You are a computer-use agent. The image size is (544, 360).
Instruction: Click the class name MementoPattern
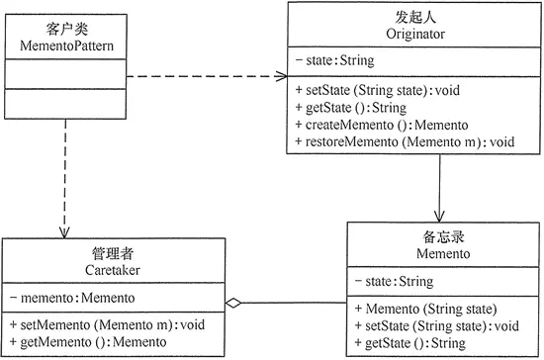pos(66,45)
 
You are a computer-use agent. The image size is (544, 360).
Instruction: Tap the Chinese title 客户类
pos(66,29)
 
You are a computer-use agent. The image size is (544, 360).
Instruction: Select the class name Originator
pos(415,34)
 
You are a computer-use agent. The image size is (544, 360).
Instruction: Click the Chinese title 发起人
pos(415,17)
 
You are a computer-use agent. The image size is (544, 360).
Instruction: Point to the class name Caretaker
pos(113,270)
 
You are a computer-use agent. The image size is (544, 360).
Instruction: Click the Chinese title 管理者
pos(113,253)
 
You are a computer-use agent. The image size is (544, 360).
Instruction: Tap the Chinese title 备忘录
pos(443,237)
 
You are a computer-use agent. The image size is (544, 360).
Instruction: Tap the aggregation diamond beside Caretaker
pos(233,303)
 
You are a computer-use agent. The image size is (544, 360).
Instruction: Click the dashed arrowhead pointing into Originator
pos(282,76)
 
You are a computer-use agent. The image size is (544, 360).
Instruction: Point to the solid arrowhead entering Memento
pos(439,217)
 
